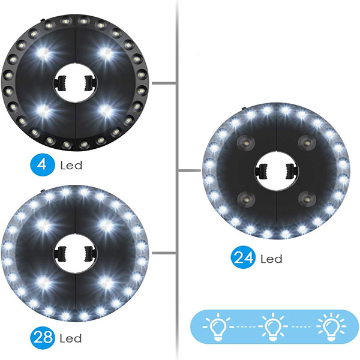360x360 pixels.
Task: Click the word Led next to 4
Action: point(71,164)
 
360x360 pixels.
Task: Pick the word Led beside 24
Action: point(271,259)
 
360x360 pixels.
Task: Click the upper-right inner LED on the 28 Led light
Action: point(107,225)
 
